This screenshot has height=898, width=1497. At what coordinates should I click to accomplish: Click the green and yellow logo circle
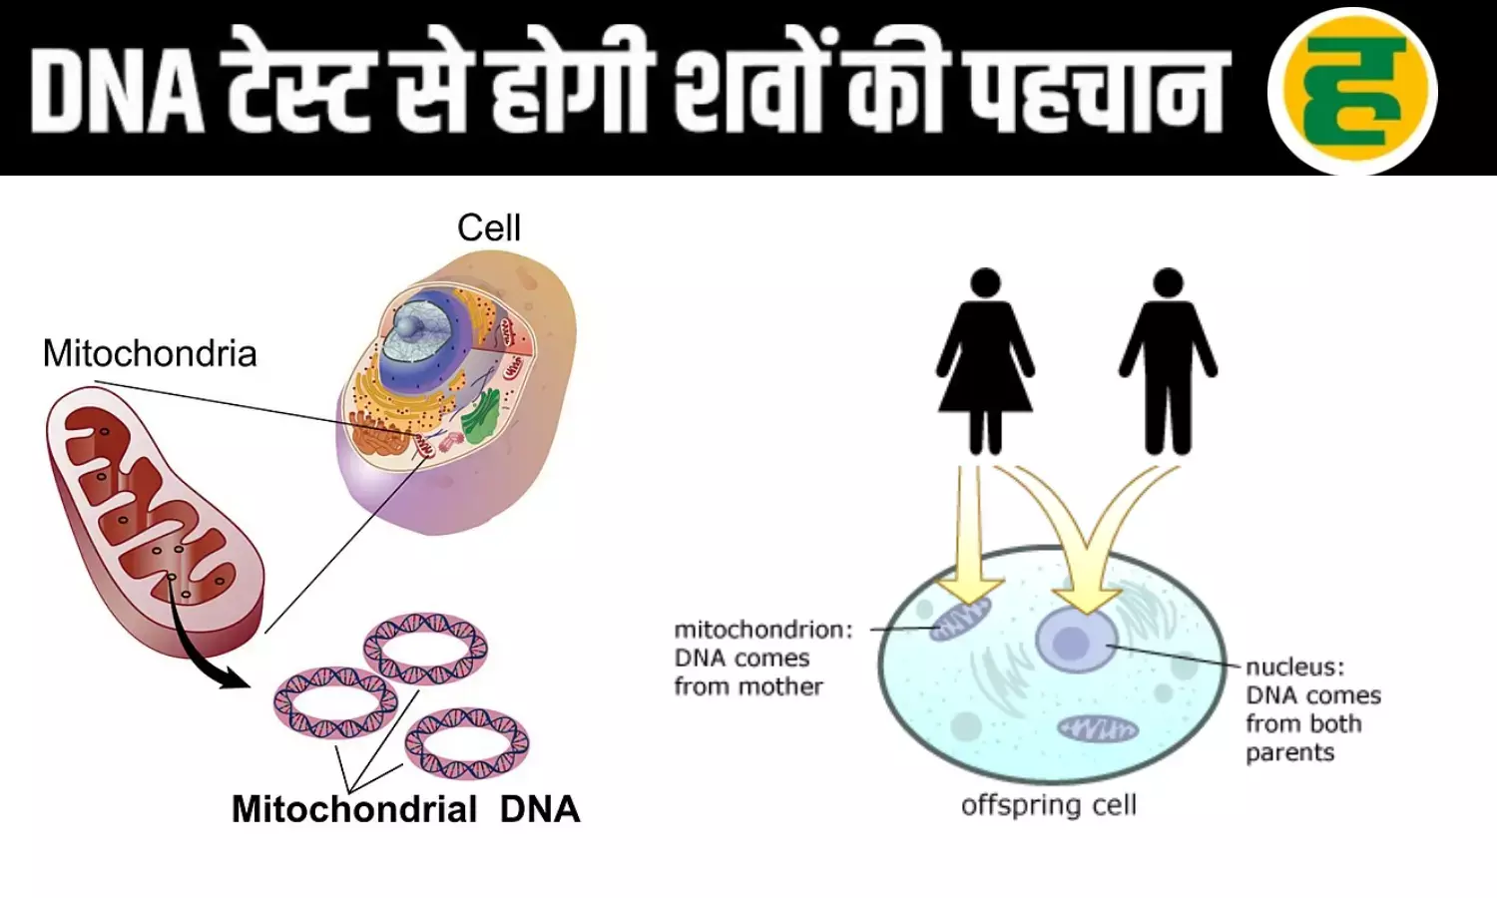click(x=1352, y=91)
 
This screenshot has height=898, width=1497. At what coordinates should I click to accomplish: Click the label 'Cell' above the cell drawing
click(x=488, y=227)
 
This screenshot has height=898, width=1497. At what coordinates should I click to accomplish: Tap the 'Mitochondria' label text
click(x=150, y=353)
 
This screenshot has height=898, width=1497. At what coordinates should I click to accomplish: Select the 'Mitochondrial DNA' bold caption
click(x=405, y=808)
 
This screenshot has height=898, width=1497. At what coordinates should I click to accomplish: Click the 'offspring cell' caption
click(x=1048, y=805)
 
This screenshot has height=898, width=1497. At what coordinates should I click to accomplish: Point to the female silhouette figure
click(x=984, y=359)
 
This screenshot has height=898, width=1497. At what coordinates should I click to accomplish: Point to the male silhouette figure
click(x=1167, y=359)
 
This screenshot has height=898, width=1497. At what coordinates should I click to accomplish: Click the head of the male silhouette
click(x=1167, y=283)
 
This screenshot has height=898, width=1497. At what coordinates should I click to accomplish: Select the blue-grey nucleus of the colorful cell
click(x=418, y=330)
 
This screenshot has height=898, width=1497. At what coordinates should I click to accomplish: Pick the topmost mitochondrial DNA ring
click(x=425, y=649)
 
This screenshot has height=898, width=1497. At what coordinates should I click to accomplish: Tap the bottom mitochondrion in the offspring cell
click(x=1098, y=729)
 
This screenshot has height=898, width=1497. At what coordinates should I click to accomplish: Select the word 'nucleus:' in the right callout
click(x=1294, y=667)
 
